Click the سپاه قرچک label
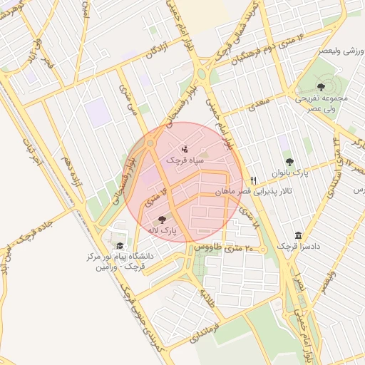(185, 161)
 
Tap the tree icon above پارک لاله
(163, 220)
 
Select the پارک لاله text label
(163, 232)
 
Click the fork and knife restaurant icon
(252, 180)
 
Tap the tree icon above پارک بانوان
(289, 162)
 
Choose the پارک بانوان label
(289, 173)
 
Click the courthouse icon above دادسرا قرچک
(298, 236)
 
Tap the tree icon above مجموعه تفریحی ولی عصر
(319, 86)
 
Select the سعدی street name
(256, 106)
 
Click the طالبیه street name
(207, 297)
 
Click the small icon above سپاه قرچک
(185, 150)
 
